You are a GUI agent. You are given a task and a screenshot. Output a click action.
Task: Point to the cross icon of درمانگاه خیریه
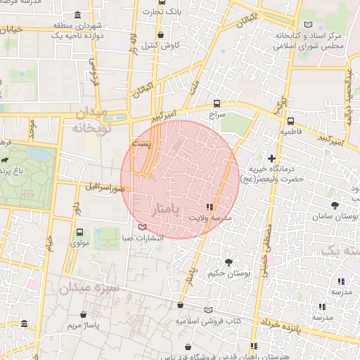272,158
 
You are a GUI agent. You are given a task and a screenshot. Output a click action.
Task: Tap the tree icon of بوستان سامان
334,204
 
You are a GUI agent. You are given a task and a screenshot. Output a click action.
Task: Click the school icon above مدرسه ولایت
209,207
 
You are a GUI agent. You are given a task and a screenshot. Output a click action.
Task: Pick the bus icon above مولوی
79,232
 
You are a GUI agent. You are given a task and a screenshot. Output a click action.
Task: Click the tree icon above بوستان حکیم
229,262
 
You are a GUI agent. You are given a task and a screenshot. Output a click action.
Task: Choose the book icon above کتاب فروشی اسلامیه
208,310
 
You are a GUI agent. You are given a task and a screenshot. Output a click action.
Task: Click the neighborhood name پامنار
166,210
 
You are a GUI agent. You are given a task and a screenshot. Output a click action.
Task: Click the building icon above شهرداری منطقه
77,15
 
